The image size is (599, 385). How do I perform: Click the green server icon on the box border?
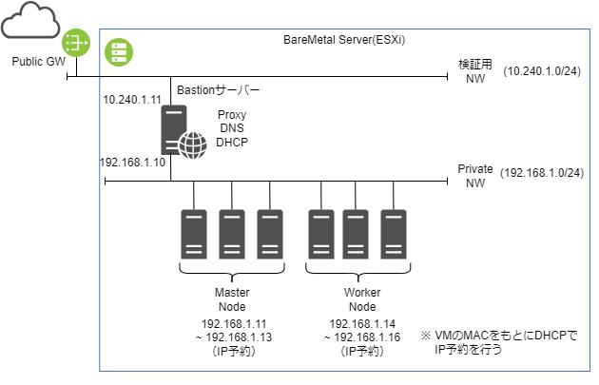coord(118,51)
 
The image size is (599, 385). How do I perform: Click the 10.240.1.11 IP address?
coord(133,99)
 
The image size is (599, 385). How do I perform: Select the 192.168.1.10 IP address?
coord(133,162)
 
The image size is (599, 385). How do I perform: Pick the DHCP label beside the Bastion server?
coord(232,143)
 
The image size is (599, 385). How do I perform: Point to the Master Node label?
coord(231,299)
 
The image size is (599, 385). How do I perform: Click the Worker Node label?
coord(358,299)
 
